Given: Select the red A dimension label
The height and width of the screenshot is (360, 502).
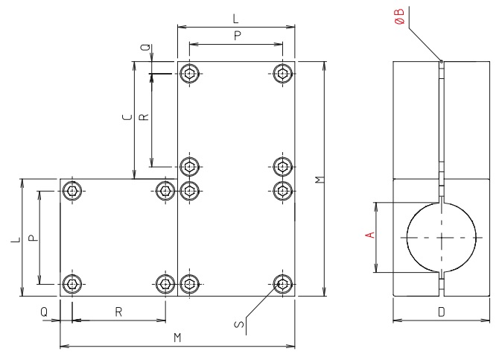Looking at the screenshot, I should [368, 235].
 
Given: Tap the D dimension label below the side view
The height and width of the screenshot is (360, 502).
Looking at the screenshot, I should [441, 313].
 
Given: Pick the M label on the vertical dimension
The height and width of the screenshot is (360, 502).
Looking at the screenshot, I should [318, 180].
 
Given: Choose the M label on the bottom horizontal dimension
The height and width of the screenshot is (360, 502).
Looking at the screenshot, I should [177, 338].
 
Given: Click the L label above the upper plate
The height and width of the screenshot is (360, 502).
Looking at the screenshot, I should [235, 15].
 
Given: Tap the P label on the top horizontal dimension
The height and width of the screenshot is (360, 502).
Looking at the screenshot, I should [235, 34].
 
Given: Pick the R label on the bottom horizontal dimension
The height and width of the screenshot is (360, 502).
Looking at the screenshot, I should [118, 312].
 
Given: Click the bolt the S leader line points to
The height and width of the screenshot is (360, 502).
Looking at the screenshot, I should [282, 283].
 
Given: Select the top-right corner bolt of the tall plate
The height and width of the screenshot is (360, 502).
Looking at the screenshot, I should [282, 72].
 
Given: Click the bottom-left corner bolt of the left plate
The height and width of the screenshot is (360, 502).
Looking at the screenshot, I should [72, 283].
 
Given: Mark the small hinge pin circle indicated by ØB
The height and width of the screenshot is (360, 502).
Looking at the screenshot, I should [442, 62].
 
